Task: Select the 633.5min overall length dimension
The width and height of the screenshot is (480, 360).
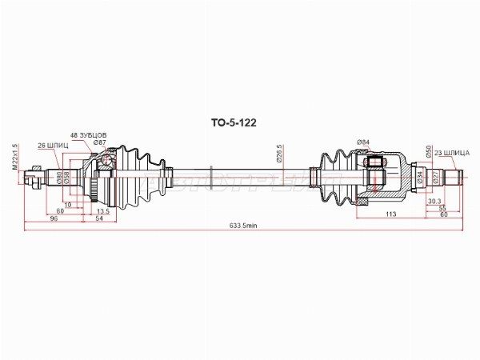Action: click(242, 226)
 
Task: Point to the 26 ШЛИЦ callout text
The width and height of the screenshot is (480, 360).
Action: click(54, 145)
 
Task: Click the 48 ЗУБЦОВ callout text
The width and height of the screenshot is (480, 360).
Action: click(89, 135)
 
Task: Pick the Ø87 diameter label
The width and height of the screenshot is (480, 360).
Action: click(100, 142)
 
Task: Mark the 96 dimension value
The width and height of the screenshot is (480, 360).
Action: click(54, 218)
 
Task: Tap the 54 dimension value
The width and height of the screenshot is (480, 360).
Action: click(100, 218)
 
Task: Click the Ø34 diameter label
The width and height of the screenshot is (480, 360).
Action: click(419, 175)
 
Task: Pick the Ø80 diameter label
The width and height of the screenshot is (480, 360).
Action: click(59, 178)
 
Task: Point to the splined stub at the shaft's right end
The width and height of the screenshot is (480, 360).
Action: click(451, 175)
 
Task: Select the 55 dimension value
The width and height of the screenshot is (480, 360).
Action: click(442, 208)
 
